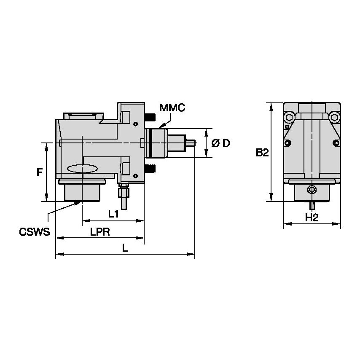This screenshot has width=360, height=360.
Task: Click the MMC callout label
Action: (172, 108)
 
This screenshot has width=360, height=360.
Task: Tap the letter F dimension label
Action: (39, 172)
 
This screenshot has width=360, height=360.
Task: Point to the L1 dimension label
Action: (113, 214)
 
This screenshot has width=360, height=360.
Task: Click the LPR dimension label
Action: (100, 232)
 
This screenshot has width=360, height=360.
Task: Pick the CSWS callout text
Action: (35, 232)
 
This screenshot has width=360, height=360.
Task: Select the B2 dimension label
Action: (262, 153)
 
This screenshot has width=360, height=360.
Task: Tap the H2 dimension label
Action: (311, 218)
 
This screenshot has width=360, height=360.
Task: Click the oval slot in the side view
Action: (82, 169)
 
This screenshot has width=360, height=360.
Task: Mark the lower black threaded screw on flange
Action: (150, 169)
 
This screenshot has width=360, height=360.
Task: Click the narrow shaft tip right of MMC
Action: (192, 143)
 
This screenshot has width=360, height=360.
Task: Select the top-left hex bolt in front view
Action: (290, 117)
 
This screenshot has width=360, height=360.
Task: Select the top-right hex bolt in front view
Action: (334, 117)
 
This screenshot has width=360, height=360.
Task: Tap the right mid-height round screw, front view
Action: (336, 143)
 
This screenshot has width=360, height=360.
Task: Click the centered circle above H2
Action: (312, 189)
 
